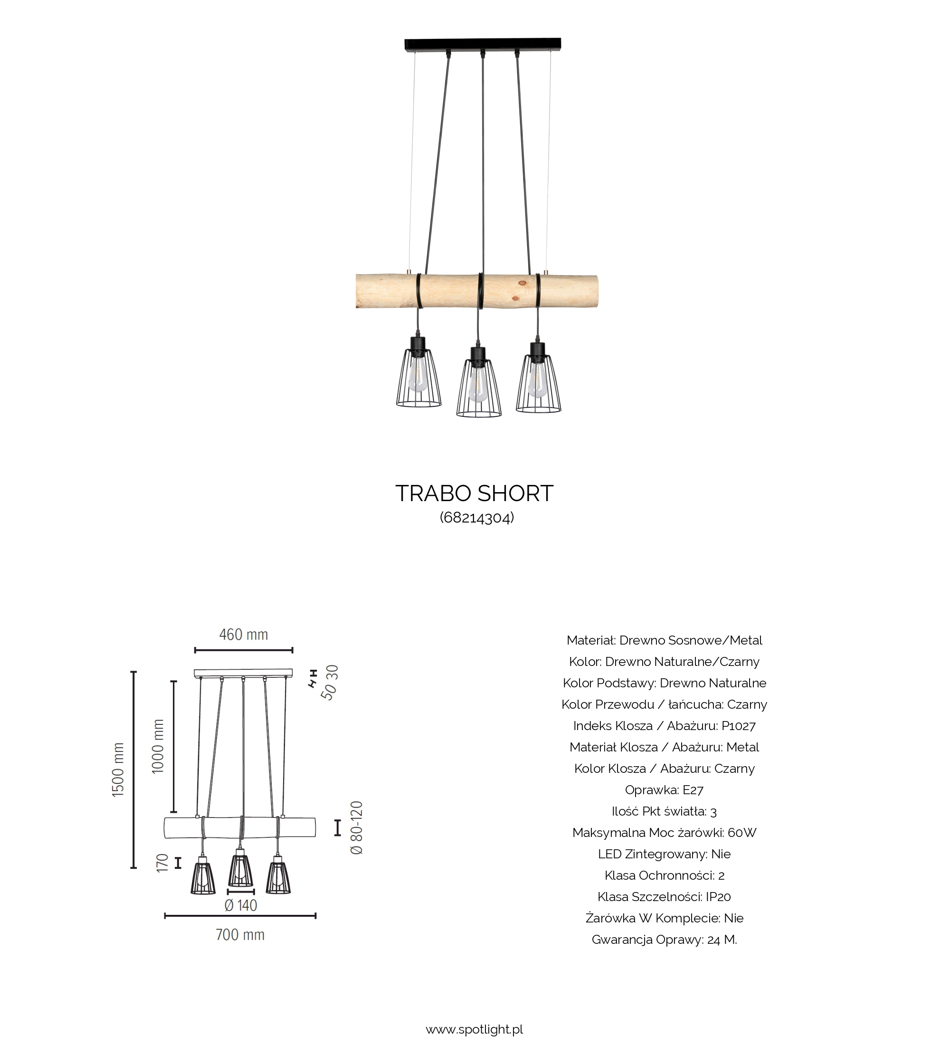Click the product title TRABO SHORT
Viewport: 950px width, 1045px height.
pos(474,494)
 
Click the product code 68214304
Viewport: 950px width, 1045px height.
pos(477,517)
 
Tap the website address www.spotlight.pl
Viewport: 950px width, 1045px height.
pos(474,1029)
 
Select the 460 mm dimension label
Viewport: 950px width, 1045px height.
pos(243,635)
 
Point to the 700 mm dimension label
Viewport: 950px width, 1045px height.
pos(240,935)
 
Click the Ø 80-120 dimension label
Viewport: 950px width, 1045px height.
pos(357,827)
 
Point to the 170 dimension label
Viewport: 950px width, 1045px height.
pos(162,863)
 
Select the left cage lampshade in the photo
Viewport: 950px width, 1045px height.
pos(419,379)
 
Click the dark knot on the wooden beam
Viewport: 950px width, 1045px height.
pos(522,284)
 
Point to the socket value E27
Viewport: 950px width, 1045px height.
pos(693,790)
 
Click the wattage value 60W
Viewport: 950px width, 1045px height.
pos(742,833)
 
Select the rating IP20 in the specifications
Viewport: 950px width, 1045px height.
pos(718,897)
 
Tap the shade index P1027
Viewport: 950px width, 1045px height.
pos(739,726)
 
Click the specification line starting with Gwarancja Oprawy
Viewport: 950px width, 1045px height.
pos(664,940)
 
